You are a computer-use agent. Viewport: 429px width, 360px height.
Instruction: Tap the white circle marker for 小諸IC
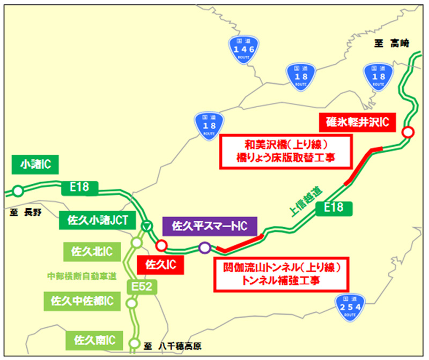click(x=18, y=190)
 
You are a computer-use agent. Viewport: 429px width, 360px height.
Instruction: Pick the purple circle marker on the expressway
click(x=204, y=247)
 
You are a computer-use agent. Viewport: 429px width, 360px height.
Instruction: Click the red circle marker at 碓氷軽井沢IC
click(x=408, y=131)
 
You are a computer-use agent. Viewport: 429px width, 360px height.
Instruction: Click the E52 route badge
click(x=144, y=288)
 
